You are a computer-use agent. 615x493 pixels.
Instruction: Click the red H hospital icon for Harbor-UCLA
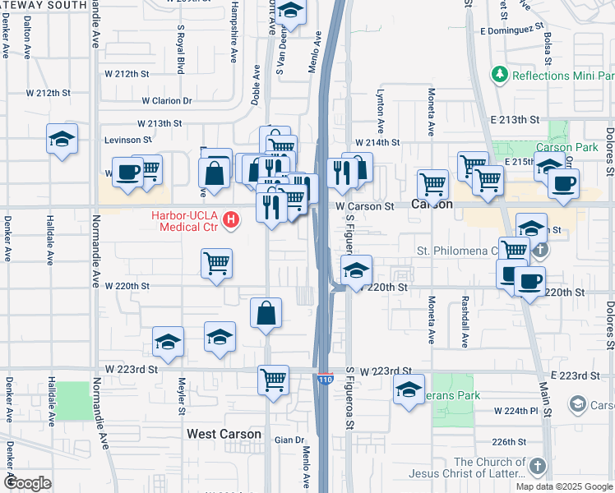pyautogui.click(x=232, y=220)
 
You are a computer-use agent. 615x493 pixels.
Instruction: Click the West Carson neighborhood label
pyautogui.click(x=224, y=434)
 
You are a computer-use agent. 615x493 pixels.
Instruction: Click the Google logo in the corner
pyautogui.click(x=29, y=483)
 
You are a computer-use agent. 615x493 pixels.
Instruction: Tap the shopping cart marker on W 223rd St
pyautogui.click(x=274, y=380)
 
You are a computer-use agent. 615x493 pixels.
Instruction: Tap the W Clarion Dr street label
pyautogui.click(x=166, y=101)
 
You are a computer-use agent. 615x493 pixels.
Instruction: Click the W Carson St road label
pyautogui.click(x=364, y=206)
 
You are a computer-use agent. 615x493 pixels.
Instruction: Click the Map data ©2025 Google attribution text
pyautogui.click(x=564, y=486)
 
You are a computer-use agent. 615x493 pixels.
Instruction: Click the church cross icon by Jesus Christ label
pyautogui.click(x=538, y=466)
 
